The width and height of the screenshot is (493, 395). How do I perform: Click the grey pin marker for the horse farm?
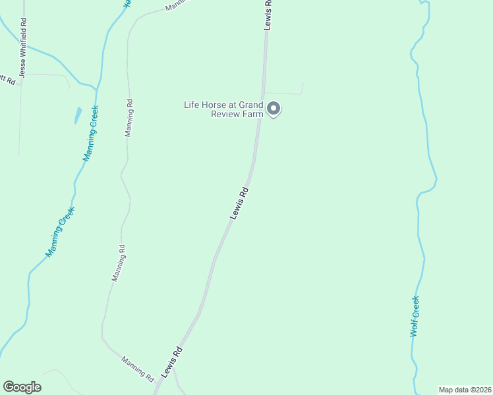274,109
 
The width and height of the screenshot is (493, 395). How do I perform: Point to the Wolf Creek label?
415,317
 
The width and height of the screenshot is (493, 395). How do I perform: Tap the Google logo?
22,387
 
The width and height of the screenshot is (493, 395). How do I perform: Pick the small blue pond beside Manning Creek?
77,116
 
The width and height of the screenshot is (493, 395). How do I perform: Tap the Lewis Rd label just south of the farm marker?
239,203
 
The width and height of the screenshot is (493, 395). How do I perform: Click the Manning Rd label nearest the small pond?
129,118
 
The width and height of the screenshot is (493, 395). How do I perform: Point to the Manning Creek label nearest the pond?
90,134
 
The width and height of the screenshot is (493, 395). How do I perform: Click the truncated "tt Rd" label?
7,79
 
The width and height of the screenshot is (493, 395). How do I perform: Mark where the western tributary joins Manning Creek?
96,88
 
